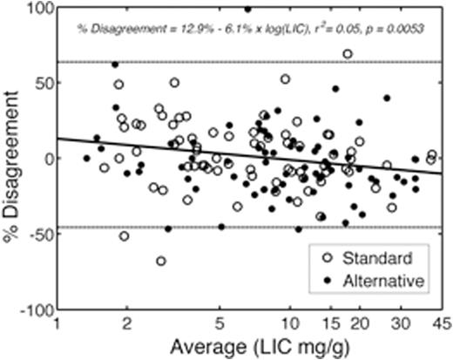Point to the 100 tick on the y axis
(39, 7)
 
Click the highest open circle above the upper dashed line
(348, 54)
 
